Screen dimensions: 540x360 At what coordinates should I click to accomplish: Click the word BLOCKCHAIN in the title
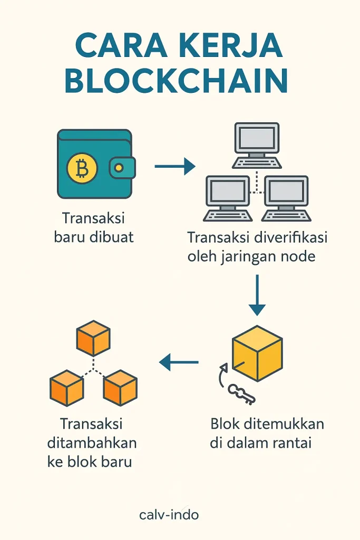179,81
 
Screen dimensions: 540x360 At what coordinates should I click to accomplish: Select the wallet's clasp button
118,168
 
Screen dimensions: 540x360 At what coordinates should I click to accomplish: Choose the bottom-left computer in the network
227,198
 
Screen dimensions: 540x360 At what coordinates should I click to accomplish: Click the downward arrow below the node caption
256,295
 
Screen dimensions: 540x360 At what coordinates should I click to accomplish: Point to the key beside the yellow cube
241,393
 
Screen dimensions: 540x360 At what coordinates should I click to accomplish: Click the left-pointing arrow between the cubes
179,362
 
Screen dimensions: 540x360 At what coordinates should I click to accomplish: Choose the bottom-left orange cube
66,388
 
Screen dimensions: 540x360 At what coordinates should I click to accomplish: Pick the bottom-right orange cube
120,388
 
